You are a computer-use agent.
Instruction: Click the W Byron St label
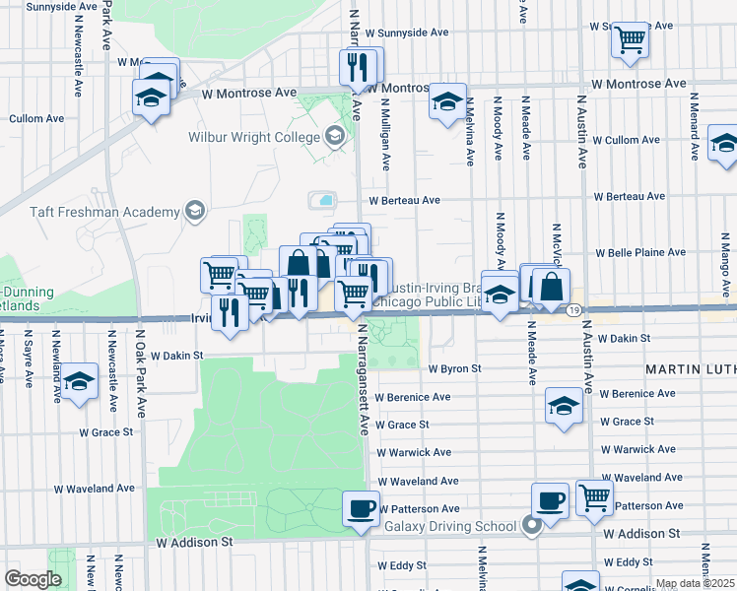click(453, 368)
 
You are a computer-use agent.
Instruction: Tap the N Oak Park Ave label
click(140, 380)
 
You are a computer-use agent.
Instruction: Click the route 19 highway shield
click(572, 309)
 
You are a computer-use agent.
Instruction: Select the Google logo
click(33, 579)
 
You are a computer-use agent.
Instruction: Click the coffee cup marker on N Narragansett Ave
click(360, 509)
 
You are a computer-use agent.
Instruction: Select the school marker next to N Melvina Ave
click(447, 101)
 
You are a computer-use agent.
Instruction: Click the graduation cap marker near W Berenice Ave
click(563, 406)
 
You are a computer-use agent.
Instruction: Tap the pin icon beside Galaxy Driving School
click(532, 525)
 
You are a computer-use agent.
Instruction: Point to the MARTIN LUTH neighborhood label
click(691, 368)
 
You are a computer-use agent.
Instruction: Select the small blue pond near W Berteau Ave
click(323, 200)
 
